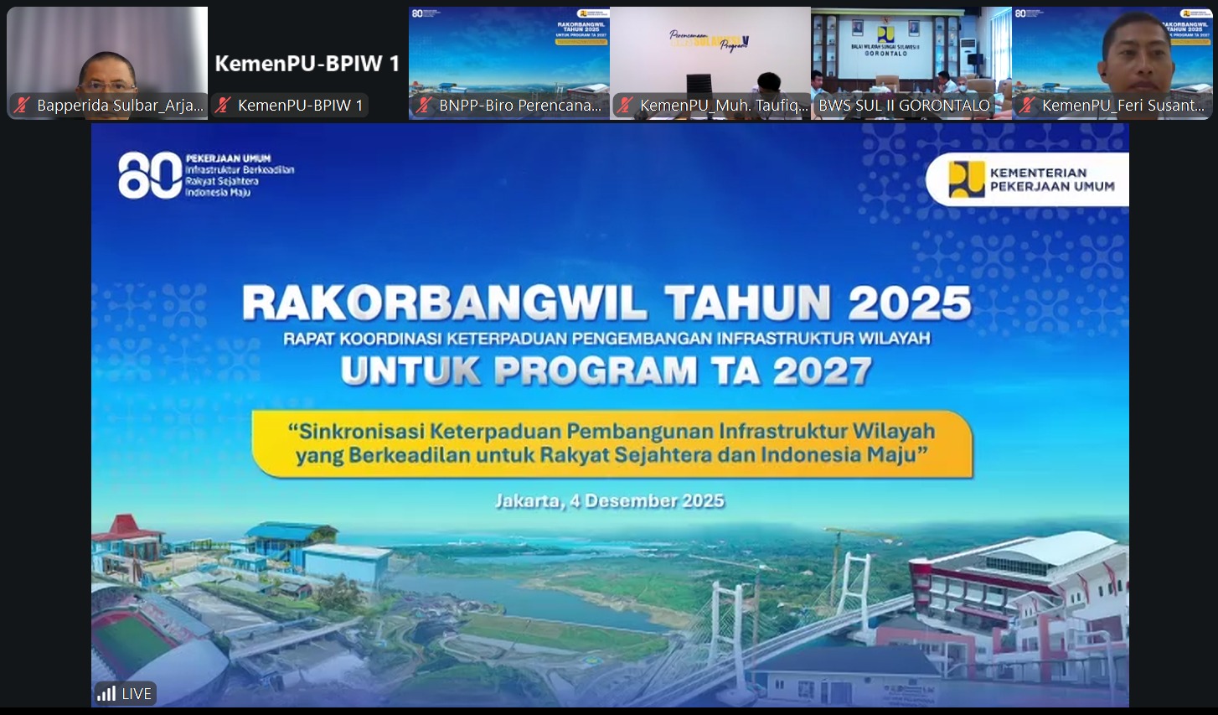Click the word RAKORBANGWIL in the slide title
tap(444, 303)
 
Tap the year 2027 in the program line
tap(822, 371)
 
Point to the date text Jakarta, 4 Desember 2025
tap(609, 501)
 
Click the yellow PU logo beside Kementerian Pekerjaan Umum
tap(966, 179)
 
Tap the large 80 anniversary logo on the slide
tap(150, 175)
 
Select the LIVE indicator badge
tap(125, 693)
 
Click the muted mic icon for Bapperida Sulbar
tap(23, 106)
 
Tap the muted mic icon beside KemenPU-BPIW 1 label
tap(224, 106)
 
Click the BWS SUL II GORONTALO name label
tap(904, 106)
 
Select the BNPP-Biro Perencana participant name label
tap(519, 106)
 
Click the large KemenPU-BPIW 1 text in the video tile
tap(307, 64)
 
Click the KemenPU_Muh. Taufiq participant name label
tap(723, 106)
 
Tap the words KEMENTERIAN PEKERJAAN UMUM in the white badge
tap(1051, 179)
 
